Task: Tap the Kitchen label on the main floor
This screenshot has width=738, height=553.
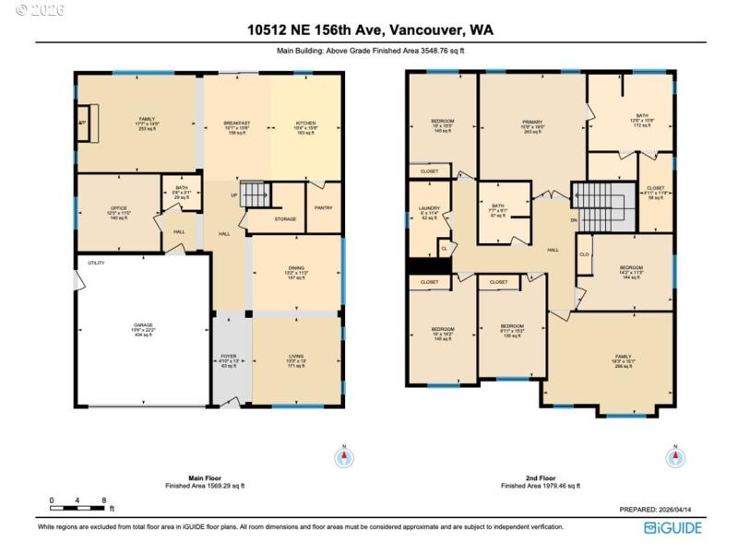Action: point(305,126)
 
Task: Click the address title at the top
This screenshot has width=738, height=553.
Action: point(369,29)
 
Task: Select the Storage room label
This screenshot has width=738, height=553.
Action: point(285,218)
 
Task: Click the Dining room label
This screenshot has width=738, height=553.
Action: point(294,274)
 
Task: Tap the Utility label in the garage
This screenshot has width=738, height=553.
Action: point(96,264)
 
